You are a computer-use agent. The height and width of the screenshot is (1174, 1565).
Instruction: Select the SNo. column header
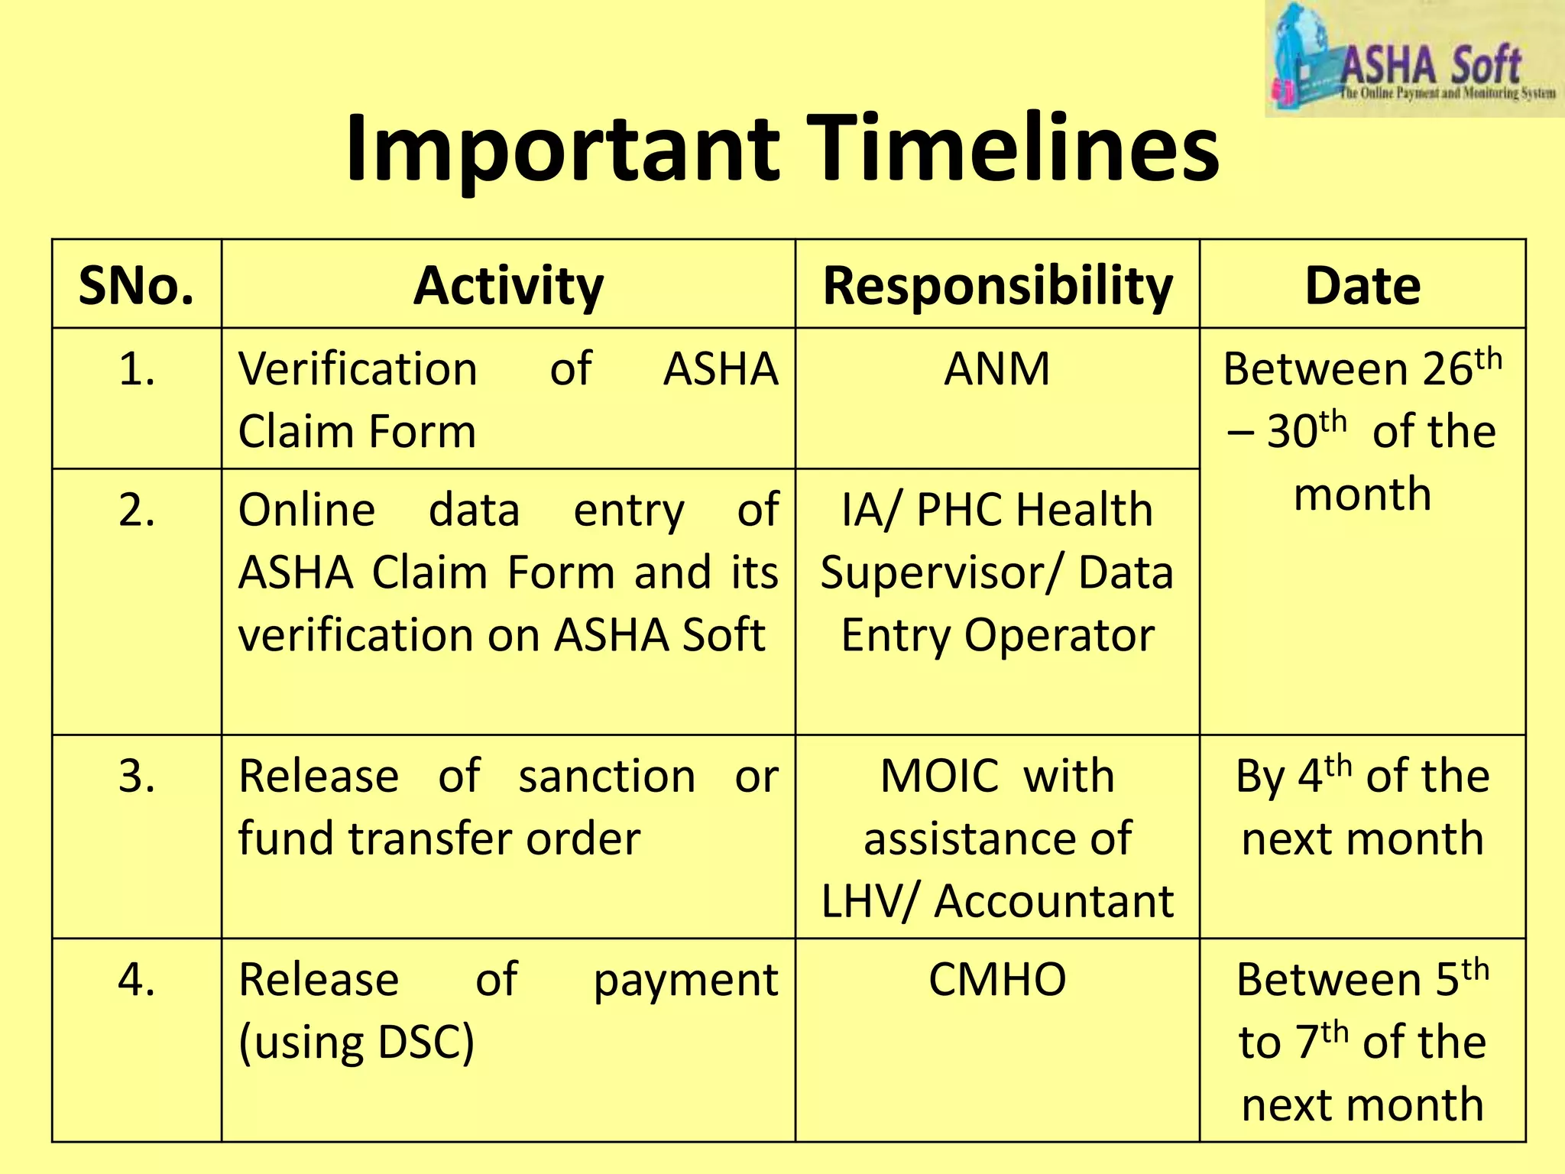[x=137, y=286]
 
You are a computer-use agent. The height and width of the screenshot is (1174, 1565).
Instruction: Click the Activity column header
[x=508, y=286]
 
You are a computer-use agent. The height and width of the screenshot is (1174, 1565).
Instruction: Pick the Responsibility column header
[x=997, y=286]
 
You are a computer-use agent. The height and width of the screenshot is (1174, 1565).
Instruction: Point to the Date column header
[x=1362, y=286]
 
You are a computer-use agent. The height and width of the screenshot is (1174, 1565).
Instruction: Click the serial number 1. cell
[x=137, y=369]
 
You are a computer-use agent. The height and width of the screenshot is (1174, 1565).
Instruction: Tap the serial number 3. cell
[x=137, y=777]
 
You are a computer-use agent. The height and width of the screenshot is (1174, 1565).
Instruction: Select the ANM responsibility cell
[x=997, y=369]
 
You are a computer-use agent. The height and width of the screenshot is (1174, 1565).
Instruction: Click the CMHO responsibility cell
[x=997, y=980]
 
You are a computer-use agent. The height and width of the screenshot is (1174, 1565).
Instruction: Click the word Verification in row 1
[x=358, y=369]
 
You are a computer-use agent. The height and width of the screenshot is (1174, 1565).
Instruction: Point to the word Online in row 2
[x=306, y=510]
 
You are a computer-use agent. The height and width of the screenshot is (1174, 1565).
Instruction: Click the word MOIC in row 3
[x=939, y=777]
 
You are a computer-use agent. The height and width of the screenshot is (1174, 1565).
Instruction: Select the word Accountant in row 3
[x=1055, y=902]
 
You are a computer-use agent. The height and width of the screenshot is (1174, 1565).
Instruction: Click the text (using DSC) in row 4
[x=357, y=1043]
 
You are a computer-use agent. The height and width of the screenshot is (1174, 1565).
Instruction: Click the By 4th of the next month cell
[x=1362, y=807]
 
